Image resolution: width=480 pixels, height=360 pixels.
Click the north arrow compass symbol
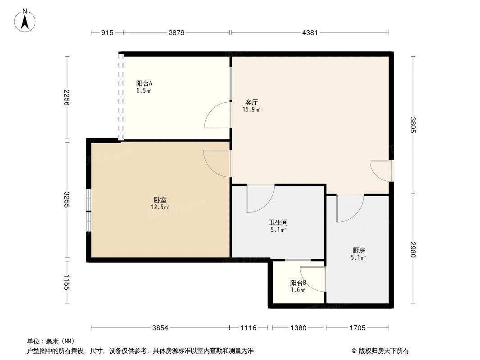pos(25,20)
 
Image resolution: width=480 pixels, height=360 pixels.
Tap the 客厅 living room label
pos(251,102)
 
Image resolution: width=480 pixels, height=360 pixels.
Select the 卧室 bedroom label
pos(160,200)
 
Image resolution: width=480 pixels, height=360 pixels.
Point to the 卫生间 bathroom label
pos(278,223)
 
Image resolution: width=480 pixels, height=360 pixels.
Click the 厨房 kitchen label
pos(358,251)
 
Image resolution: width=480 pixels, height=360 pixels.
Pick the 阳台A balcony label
pos(144,84)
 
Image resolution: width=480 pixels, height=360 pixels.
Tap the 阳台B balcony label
pos(298,283)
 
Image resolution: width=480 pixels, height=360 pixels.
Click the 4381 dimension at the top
pos(310,32)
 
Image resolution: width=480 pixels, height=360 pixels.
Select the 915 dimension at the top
pos(107,32)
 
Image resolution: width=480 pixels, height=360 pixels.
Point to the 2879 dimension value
pos(177,32)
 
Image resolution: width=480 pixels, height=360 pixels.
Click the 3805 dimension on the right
pos(413,125)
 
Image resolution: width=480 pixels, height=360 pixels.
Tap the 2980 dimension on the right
pos(413,250)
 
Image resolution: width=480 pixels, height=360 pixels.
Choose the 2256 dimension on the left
pos(67,98)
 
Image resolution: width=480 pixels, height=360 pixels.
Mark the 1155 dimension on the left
pos(67,282)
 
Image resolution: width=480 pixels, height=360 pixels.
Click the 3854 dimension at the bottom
pos(160,328)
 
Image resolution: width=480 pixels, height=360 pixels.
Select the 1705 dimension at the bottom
pos(358,328)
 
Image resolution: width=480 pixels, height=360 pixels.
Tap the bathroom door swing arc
pos(266,205)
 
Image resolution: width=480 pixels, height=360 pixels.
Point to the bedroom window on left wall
pos(88,211)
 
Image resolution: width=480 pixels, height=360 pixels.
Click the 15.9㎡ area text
pos(251,109)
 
